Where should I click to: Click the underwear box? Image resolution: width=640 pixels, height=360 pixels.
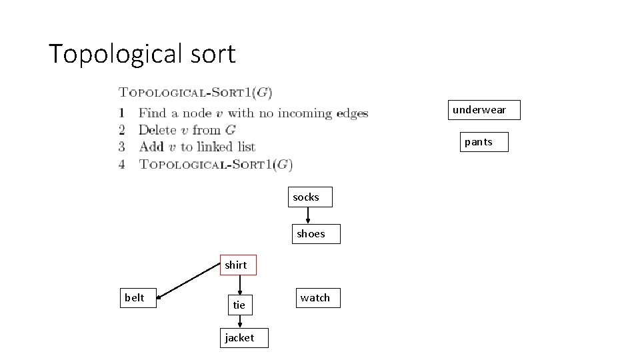click(479, 110)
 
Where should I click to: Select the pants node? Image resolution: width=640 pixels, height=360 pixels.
click(478, 142)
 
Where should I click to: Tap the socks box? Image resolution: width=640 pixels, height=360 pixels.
click(307, 197)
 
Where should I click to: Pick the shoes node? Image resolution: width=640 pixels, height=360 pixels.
click(311, 234)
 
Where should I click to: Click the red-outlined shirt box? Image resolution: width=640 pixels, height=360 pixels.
click(236, 265)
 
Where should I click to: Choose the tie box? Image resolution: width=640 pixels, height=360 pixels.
click(239, 305)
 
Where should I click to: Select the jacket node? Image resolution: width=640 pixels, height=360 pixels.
click(239, 338)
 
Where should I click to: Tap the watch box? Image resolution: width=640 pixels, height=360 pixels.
click(315, 298)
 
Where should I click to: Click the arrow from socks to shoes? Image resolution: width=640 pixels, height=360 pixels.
click(307, 215)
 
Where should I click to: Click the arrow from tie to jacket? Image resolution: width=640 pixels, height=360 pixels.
click(239, 321)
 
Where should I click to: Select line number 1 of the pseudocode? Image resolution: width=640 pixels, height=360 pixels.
click(122, 113)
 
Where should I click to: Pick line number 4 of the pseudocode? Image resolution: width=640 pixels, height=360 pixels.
click(122, 163)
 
